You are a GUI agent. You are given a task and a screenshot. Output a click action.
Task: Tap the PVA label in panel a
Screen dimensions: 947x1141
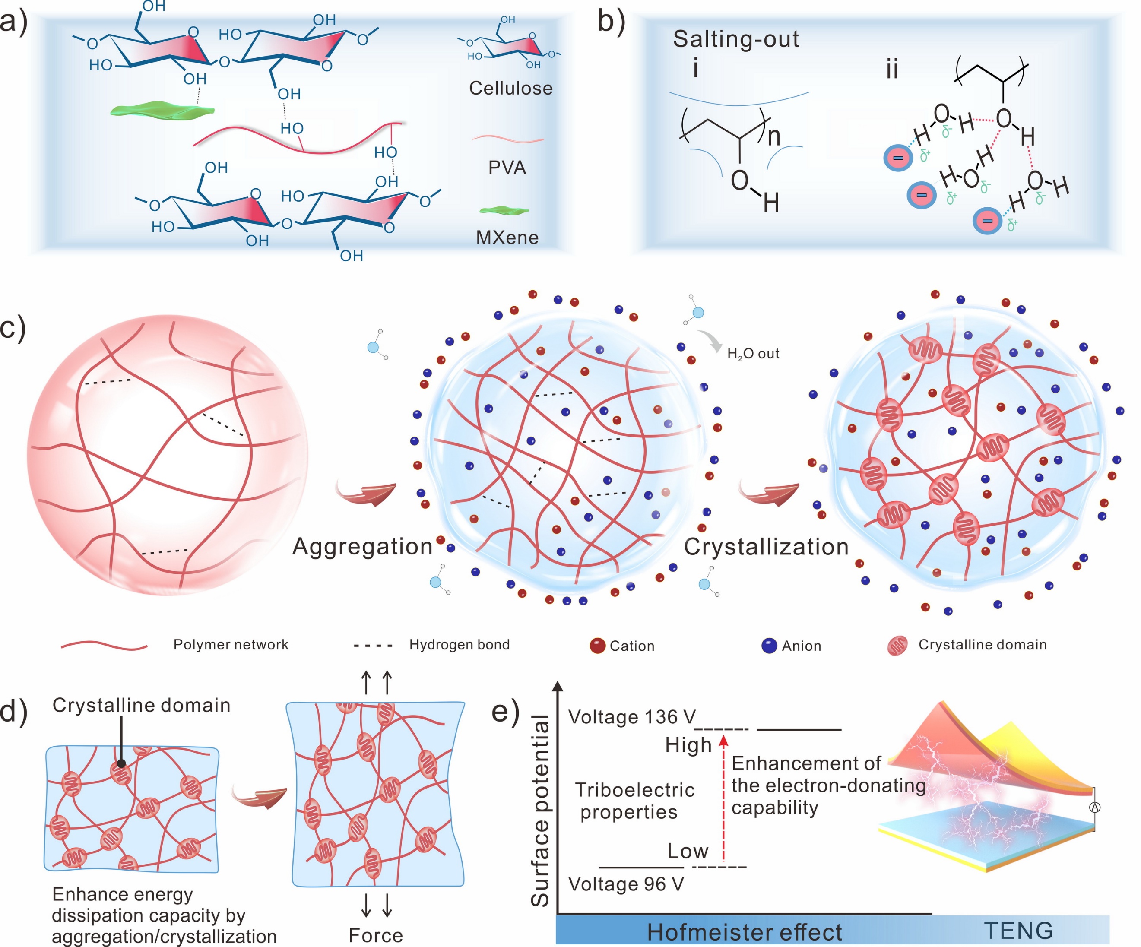point(507,168)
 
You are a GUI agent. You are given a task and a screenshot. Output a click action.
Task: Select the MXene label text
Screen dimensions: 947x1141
point(507,238)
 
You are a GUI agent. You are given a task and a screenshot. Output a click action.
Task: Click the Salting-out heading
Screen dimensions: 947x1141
point(735,39)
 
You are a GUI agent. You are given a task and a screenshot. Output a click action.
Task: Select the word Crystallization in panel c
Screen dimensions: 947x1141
point(766,547)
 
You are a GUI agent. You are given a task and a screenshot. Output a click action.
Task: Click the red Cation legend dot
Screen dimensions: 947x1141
point(597,646)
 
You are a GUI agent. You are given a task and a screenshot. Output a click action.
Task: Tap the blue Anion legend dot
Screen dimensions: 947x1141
point(769,646)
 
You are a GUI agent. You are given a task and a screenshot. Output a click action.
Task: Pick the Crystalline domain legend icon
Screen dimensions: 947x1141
point(897,646)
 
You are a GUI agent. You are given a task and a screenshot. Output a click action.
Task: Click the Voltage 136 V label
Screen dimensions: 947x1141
point(632,717)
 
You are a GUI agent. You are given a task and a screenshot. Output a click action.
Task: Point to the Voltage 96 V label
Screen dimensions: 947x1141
point(626,884)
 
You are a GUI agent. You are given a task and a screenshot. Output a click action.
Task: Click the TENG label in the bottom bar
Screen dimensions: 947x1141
point(1019,931)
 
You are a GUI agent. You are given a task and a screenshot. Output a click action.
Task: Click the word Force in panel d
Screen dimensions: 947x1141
point(375,935)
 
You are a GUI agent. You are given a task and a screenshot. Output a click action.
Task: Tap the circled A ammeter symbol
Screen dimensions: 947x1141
point(1094,808)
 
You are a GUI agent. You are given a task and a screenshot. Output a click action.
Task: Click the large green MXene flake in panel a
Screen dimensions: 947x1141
point(162,110)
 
